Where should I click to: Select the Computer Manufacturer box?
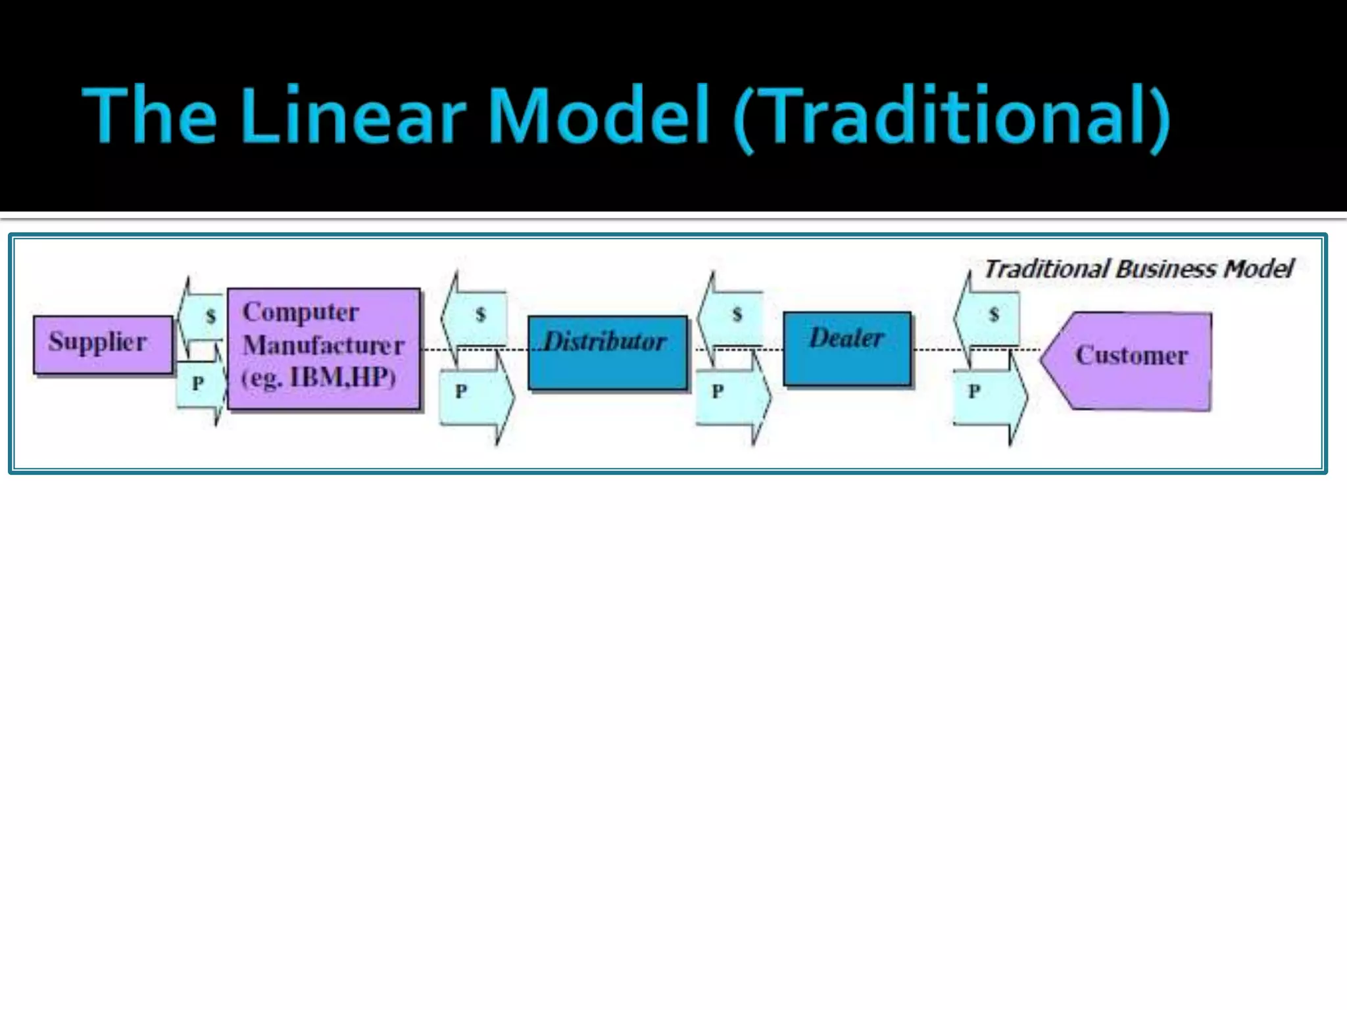324,348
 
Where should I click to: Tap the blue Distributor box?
607,352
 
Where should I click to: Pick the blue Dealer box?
847,348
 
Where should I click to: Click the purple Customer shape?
1130,360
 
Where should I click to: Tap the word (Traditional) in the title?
950,118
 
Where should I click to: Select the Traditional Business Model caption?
1138,269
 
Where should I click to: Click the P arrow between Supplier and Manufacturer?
201,384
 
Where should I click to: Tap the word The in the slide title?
149,116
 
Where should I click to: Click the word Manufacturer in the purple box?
323,345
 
